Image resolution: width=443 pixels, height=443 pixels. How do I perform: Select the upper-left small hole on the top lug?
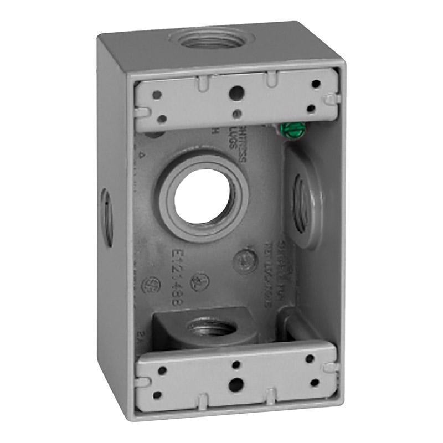(x=157, y=95)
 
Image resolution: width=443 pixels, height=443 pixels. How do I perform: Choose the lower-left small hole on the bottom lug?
(x=157, y=395)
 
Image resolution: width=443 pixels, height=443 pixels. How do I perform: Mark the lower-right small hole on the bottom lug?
(x=315, y=382)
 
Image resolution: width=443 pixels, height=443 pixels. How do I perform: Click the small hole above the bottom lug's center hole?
(x=236, y=364)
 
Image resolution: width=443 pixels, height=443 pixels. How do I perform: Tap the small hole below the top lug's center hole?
(x=237, y=114)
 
